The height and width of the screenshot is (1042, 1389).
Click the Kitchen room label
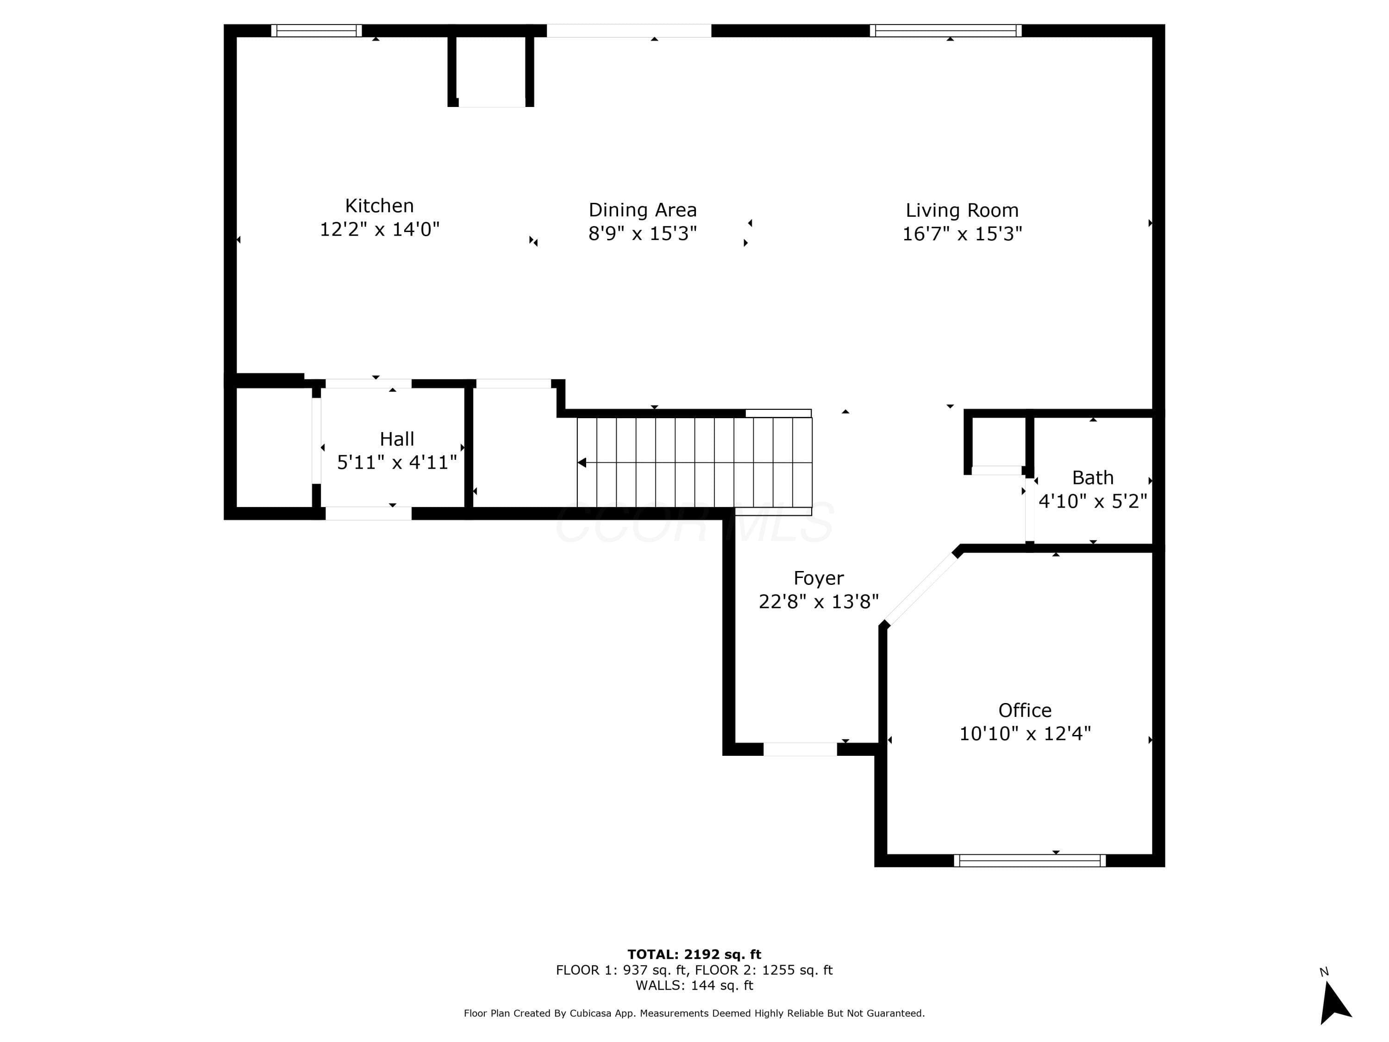pyautogui.click(x=379, y=206)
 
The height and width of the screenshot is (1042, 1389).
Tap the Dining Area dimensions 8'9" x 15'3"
pyautogui.click(x=642, y=234)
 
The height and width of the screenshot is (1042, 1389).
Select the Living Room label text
pyautogui.click(x=962, y=210)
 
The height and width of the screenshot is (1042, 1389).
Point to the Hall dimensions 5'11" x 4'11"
pyautogui.click(x=397, y=462)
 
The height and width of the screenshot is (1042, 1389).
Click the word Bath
pyautogui.click(x=1093, y=478)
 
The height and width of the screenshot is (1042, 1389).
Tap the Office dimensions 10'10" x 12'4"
pyautogui.click(x=1025, y=734)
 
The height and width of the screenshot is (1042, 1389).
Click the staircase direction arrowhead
pyautogui.click(x=582, y=463)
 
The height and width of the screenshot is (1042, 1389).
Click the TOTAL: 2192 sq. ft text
pyautogui.click(x=694, y=954)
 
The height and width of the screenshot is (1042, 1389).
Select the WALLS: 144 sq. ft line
pyautogui.click(x=694, y=986)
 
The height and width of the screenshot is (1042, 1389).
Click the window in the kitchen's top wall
pyautogui.click(x=317, y=31)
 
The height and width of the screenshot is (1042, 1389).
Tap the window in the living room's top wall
pyautogui.click(x=945, y=31)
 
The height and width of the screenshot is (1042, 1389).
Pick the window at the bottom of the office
pyautogui.click(x=1030, y=860)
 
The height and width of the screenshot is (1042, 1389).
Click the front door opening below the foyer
pyautogui.click(x=800, y=749)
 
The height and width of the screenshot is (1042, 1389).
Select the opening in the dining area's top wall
pyautogui.click(x=629, y=31)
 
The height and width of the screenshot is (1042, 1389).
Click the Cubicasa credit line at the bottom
pyautogui.click(x=694, y=1013)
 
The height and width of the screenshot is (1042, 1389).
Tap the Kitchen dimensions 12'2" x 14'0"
pyautogui.click(x=379, y=229)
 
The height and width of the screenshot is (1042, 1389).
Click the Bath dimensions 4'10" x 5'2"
pyautogui.click(x=1093, y=501)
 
